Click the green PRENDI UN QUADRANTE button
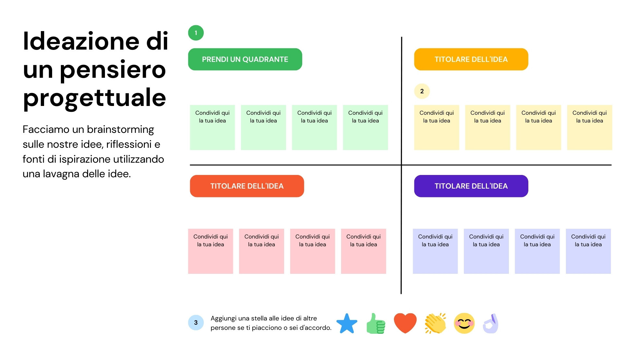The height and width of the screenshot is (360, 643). point(245,59)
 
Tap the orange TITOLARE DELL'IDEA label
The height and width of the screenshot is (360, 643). point(471,59)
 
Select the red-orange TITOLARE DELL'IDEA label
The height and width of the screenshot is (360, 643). point(247,186)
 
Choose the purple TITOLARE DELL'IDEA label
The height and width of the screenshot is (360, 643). point(471,186)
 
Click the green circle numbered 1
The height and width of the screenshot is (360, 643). point(196,33)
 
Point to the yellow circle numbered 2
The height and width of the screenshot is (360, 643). point(422,91)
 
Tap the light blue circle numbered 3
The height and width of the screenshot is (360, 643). point(196,322)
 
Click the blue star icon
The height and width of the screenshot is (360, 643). point(347,323)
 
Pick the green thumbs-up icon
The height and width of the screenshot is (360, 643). point(376,323)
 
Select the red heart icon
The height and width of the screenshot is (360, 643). point(405,323)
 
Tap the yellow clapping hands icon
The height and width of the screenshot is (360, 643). point(435,323)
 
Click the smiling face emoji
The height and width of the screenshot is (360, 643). point(464,323)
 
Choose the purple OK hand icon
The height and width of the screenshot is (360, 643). point(491,323)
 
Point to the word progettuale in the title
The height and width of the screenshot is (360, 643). point(94,98)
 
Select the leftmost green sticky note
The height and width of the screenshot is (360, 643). point(212,127)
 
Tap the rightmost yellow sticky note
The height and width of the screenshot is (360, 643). point(589,127)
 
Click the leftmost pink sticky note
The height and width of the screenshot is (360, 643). point(210,251)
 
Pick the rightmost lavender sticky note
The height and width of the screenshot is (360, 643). point(588,251)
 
